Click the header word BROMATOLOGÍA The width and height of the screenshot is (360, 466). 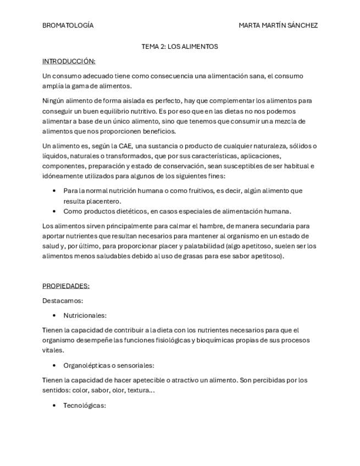click(68, 25)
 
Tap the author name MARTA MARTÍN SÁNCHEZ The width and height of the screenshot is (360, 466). click(278, 25)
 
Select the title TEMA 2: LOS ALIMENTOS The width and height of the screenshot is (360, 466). click(180, 47)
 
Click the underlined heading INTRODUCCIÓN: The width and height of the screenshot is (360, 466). click(69, 61)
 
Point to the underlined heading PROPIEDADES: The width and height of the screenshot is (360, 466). click(66, 286)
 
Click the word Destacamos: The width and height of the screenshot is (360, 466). click(63, 301)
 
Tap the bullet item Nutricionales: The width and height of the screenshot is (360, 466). click(85, 315)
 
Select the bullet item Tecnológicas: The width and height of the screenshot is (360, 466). click(84, 406)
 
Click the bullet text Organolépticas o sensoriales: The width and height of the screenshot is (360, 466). click(109, 365)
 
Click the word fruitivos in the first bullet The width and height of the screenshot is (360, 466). click(200, 191)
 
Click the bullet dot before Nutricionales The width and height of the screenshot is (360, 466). click(54, 315)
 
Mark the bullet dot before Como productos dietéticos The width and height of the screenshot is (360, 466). click(54, 211)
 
